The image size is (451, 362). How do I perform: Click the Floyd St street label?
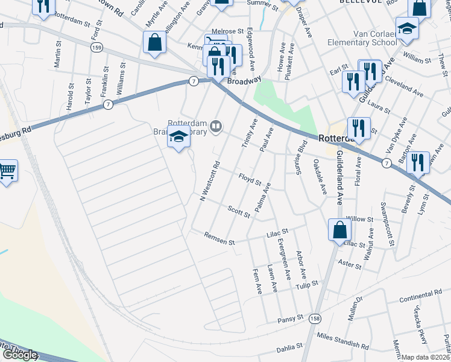(x=250, y=179)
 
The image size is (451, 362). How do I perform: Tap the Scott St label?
(x=239, y=211)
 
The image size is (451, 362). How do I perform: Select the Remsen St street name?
(x=219, y=239)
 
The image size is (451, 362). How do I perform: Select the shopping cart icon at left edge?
(x=7, y=171)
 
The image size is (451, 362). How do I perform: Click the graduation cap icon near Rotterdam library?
(x=178, y=138)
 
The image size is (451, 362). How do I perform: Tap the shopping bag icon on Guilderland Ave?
(x=339, y=230)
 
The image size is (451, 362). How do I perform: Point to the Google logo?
(x=19, y=355)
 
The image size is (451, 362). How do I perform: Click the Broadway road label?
(x=244, y=79)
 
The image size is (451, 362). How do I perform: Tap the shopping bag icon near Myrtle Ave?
(x=155, y=43)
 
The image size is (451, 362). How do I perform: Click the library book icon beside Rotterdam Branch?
(x=216, y=126)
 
